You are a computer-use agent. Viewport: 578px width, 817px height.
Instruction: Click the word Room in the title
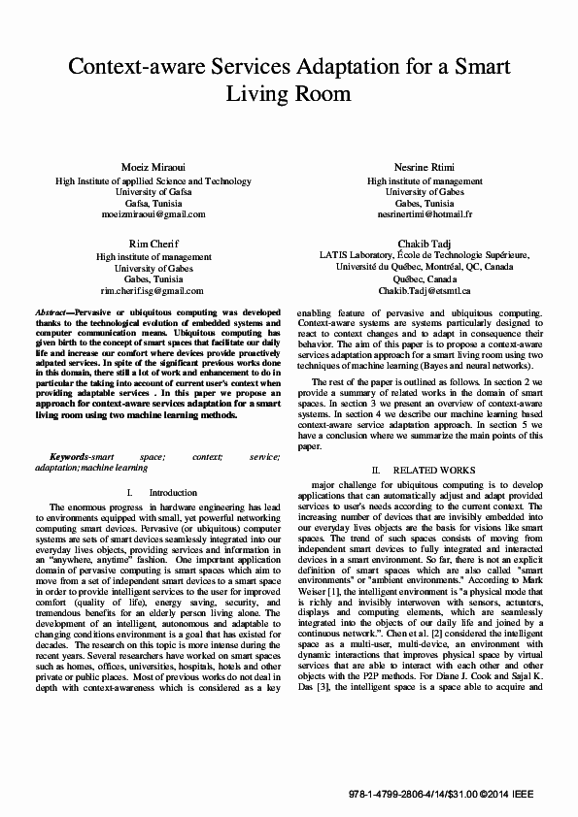[320, 94]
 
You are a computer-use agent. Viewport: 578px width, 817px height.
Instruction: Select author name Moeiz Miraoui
[154, 167]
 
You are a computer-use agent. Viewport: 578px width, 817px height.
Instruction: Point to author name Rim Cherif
[153, 242]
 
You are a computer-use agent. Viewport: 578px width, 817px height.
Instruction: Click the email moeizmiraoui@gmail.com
[153, 214]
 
